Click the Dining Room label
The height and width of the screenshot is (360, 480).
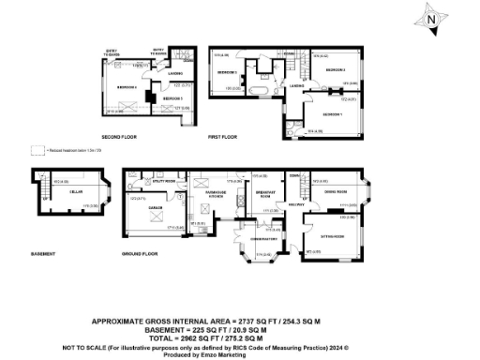pyautogui.click(x=334, y=190)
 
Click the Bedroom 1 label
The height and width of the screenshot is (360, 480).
pyautogui.click(x=332, y=113)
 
